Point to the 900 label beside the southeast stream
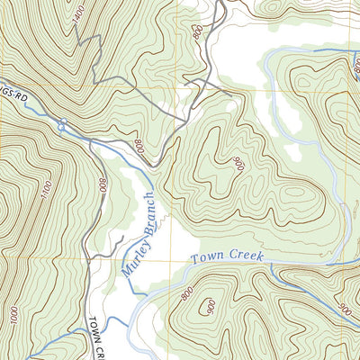tap(344, 309)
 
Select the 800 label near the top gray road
tap(196, 33)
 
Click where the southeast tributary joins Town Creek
tap(270, 270)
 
